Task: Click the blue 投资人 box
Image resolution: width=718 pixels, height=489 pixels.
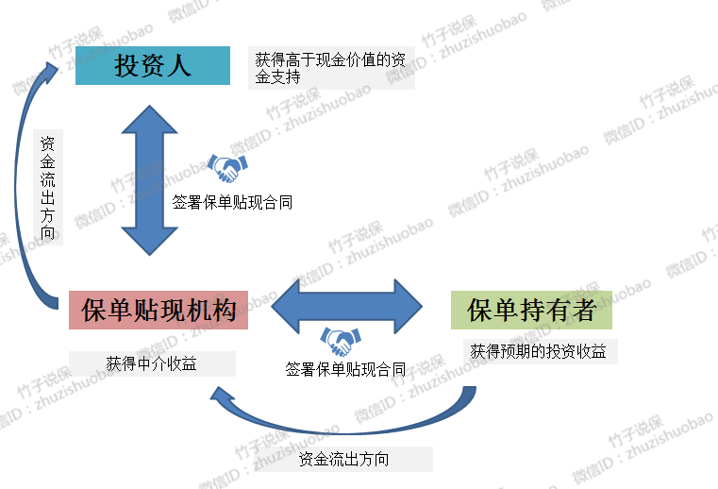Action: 153,65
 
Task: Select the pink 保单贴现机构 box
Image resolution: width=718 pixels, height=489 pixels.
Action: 159,310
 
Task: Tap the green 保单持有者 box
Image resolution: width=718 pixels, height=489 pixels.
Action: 531,310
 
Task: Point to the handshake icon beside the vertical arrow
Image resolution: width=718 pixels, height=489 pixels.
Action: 226,169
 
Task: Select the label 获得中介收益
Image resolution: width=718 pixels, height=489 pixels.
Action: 151,363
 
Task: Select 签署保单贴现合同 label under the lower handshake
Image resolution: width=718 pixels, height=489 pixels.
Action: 345,369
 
